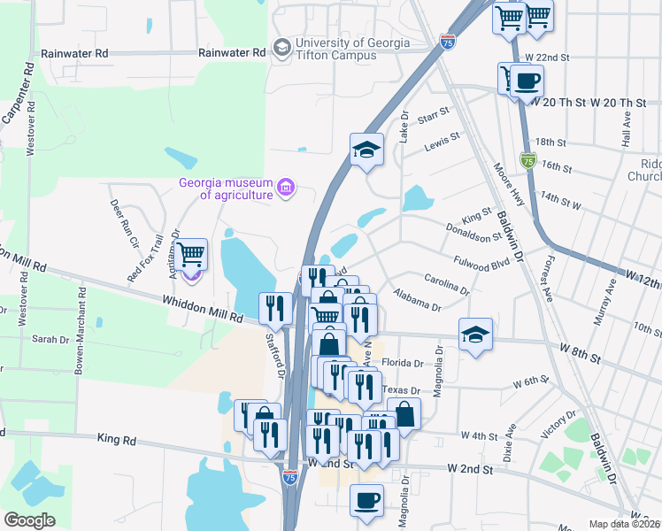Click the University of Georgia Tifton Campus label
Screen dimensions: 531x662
coord(352,49)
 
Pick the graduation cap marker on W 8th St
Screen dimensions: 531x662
coord(475,335)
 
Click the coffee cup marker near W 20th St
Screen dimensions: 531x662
coord(527,81)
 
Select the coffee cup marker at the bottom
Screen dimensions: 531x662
coord(366,501)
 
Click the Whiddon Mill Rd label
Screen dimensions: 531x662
coord(203,309)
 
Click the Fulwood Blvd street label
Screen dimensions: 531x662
coord(482,263)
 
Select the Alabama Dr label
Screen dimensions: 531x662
coord(417,300)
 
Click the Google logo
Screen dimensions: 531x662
coord(29,520)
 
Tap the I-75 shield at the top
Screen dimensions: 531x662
coord(448,41)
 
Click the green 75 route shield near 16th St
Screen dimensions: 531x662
coord(528,160)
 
